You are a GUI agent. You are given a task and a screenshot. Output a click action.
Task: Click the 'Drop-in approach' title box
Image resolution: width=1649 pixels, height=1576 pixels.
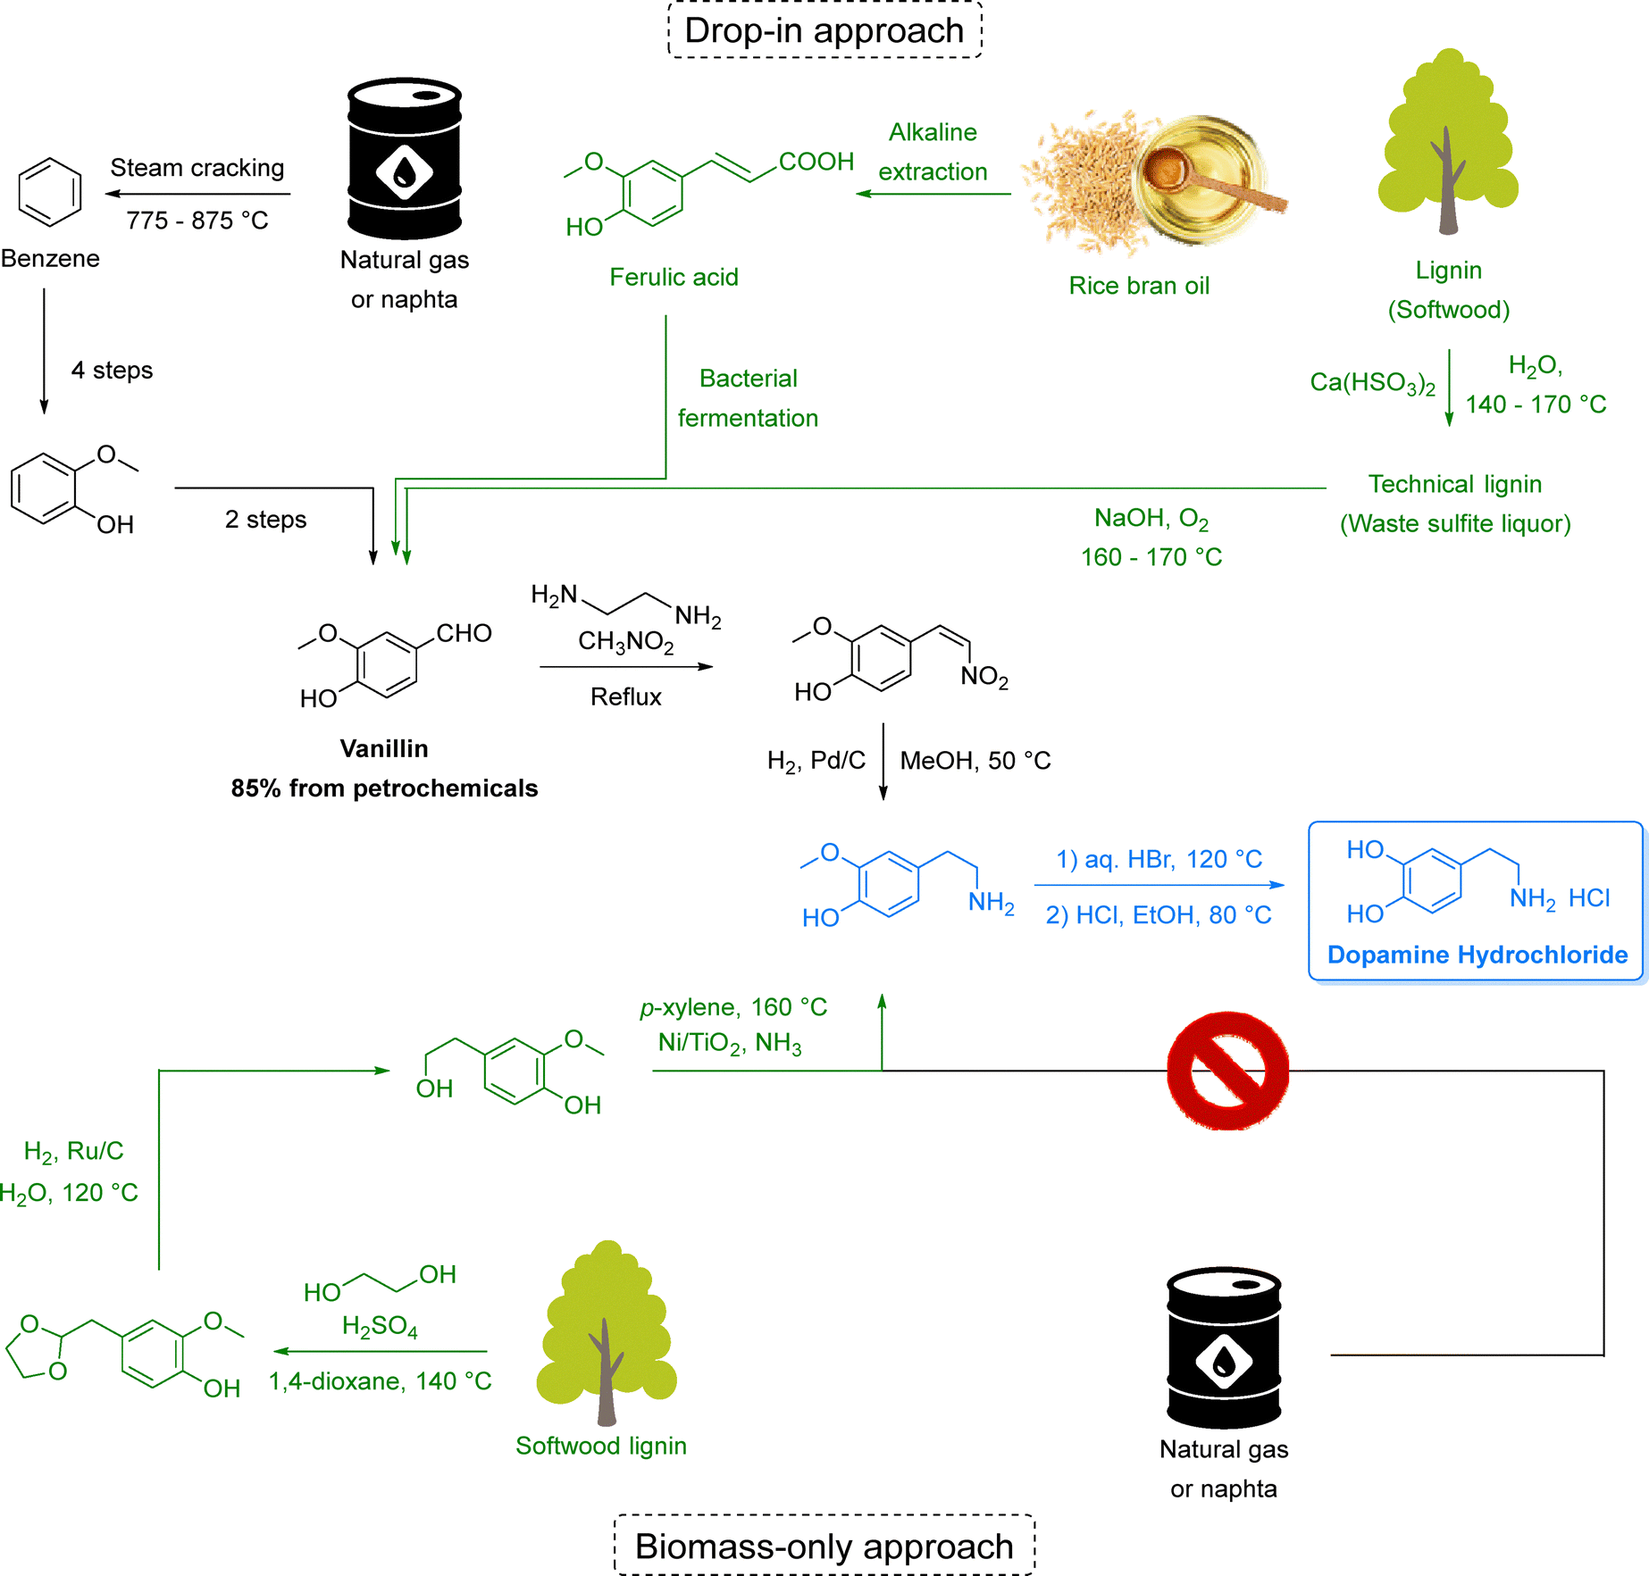click(824, 30)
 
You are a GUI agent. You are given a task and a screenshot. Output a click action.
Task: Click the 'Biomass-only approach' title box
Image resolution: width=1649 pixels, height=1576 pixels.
click(824, 1546)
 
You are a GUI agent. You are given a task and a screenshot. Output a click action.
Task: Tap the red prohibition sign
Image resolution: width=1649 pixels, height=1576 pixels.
click(1227, 1071)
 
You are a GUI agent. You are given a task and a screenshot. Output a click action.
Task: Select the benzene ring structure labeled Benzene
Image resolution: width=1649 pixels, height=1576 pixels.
click(50, 191)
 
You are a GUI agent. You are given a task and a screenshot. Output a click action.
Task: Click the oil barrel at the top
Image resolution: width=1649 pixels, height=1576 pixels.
click(405, 159)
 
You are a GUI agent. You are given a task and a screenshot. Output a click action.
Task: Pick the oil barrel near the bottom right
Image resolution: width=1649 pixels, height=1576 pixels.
click(1224, 1347)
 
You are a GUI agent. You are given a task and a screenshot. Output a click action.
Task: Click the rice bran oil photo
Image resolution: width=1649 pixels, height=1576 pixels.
click(1156, 182)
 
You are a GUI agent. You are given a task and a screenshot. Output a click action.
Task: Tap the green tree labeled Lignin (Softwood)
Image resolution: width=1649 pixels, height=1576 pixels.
click(1448, 143)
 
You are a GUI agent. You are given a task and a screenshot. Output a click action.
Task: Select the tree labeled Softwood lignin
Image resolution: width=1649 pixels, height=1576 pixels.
click(607, 1331)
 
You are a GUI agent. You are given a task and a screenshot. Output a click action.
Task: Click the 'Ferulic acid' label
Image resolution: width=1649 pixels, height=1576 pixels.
click(674, 277)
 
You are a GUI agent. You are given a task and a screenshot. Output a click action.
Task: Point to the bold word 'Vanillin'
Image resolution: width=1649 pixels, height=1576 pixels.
click(384, 748)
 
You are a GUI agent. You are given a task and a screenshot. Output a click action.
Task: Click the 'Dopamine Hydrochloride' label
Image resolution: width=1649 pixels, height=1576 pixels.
click(1477, 955)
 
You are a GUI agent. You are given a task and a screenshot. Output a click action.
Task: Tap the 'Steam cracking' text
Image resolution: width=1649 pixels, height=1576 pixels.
click(197, 168)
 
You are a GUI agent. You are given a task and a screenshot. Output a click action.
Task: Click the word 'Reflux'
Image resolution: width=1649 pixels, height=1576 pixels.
click(626, 696)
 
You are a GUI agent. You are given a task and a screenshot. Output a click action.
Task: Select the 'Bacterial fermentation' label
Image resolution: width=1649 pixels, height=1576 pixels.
click(748, 398)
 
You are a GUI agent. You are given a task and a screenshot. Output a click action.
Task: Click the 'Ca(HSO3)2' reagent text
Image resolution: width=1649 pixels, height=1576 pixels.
click(1372, 383)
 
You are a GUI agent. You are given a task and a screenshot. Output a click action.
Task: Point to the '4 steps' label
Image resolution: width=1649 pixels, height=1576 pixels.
click(112, 370)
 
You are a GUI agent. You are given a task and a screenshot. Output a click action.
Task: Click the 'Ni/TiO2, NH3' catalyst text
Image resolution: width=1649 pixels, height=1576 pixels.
click(730, 1043)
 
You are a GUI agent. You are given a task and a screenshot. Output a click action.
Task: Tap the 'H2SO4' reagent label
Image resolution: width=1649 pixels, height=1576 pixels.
click(380, 1327)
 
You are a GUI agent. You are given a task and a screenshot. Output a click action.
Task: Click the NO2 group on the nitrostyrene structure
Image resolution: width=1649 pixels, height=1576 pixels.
click(984, 676)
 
